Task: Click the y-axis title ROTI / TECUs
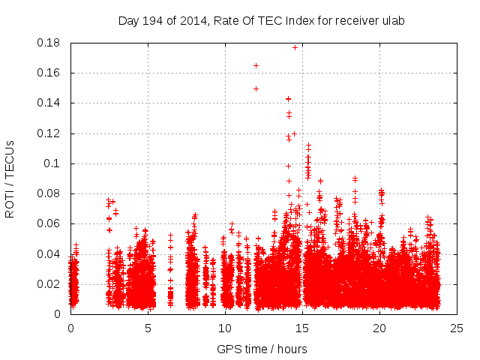click(10, 178)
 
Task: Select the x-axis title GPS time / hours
click(262, 349)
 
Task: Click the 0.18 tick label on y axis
click(49, 43)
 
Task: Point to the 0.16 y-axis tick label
click(49, 73)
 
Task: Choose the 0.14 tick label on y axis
click(49, 103)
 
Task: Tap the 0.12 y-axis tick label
click(49, 133)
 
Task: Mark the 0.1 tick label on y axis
click(54, 163)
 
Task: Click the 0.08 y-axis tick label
click(49, 193)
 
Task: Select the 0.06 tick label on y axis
click(49, 223)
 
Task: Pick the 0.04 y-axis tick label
click(49, 254)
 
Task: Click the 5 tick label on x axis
click(148, 328)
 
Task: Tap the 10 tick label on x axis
click(225, 328)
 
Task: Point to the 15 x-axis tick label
click(302, 328)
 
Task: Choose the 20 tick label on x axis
click(379, 328)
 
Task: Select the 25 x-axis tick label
click(457, 328)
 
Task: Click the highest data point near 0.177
click(295, 47)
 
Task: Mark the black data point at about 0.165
click(256, 66)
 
